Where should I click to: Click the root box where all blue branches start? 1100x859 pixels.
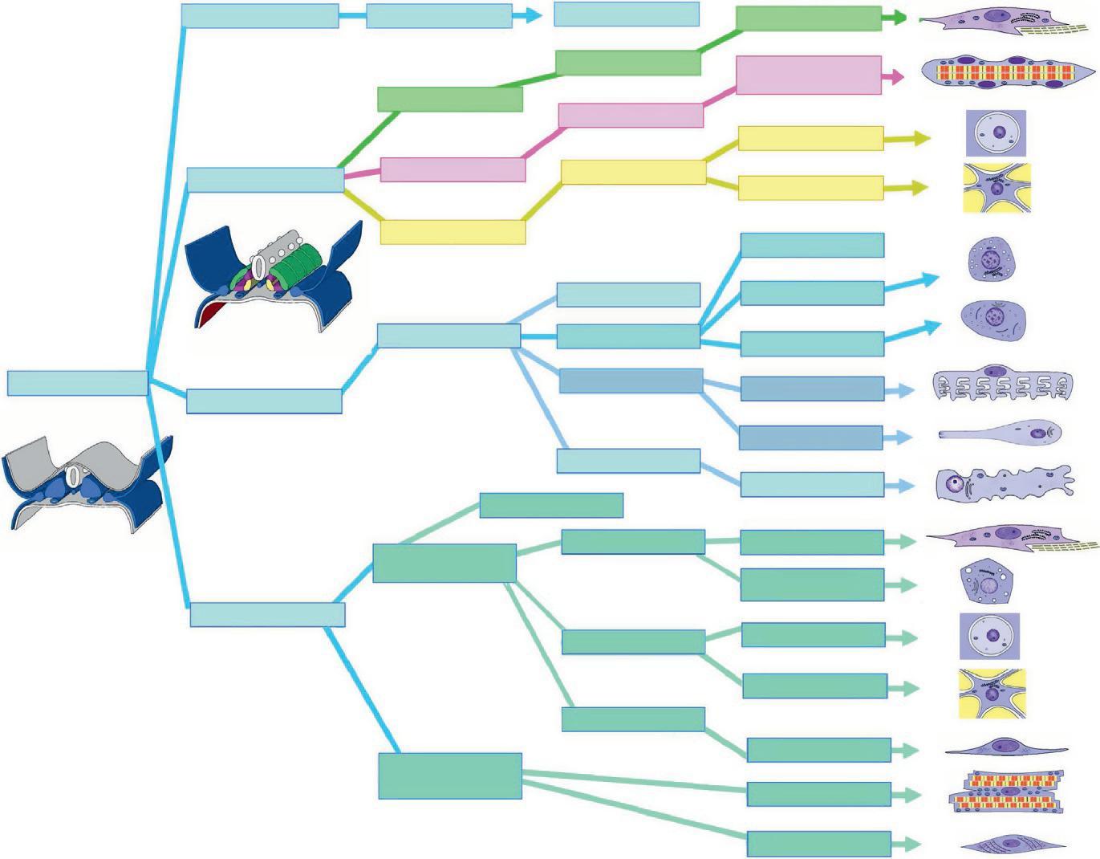pos(77,383)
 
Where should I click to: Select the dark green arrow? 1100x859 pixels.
pos(894,18)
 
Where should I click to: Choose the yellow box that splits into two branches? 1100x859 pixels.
pos(633,172)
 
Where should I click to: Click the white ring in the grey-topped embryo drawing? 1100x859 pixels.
pos(73,477)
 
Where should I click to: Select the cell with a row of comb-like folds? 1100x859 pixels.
pos(1002,385)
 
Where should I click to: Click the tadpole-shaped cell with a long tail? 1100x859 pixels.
pos(1001,434)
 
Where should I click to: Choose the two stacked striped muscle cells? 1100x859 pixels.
pos(1006,792)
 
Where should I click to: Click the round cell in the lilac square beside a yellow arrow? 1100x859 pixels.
pos(995,133)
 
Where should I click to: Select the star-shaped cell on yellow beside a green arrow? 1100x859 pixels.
pos(992,694)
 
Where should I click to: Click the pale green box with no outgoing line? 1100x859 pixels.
pos(551,505)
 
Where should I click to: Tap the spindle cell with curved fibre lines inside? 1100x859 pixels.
pos(1013,844)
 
